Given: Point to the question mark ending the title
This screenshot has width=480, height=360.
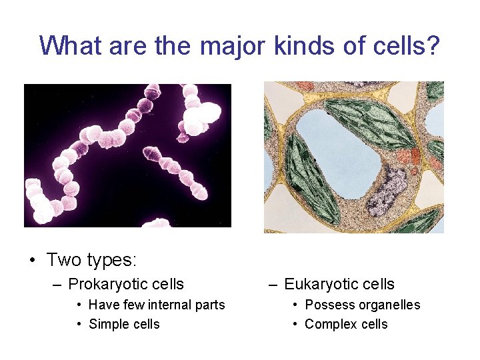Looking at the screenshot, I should tap(433, 45).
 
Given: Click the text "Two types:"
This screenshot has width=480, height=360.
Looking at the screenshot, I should tap(91, 259).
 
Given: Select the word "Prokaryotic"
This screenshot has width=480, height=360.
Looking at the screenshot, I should tap(106, 284).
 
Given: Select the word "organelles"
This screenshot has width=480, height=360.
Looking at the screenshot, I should tap(389, 305).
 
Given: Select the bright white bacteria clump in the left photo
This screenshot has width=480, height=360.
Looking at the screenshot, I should tap(201, 117).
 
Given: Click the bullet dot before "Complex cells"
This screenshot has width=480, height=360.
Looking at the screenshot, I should tap(295, 325).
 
